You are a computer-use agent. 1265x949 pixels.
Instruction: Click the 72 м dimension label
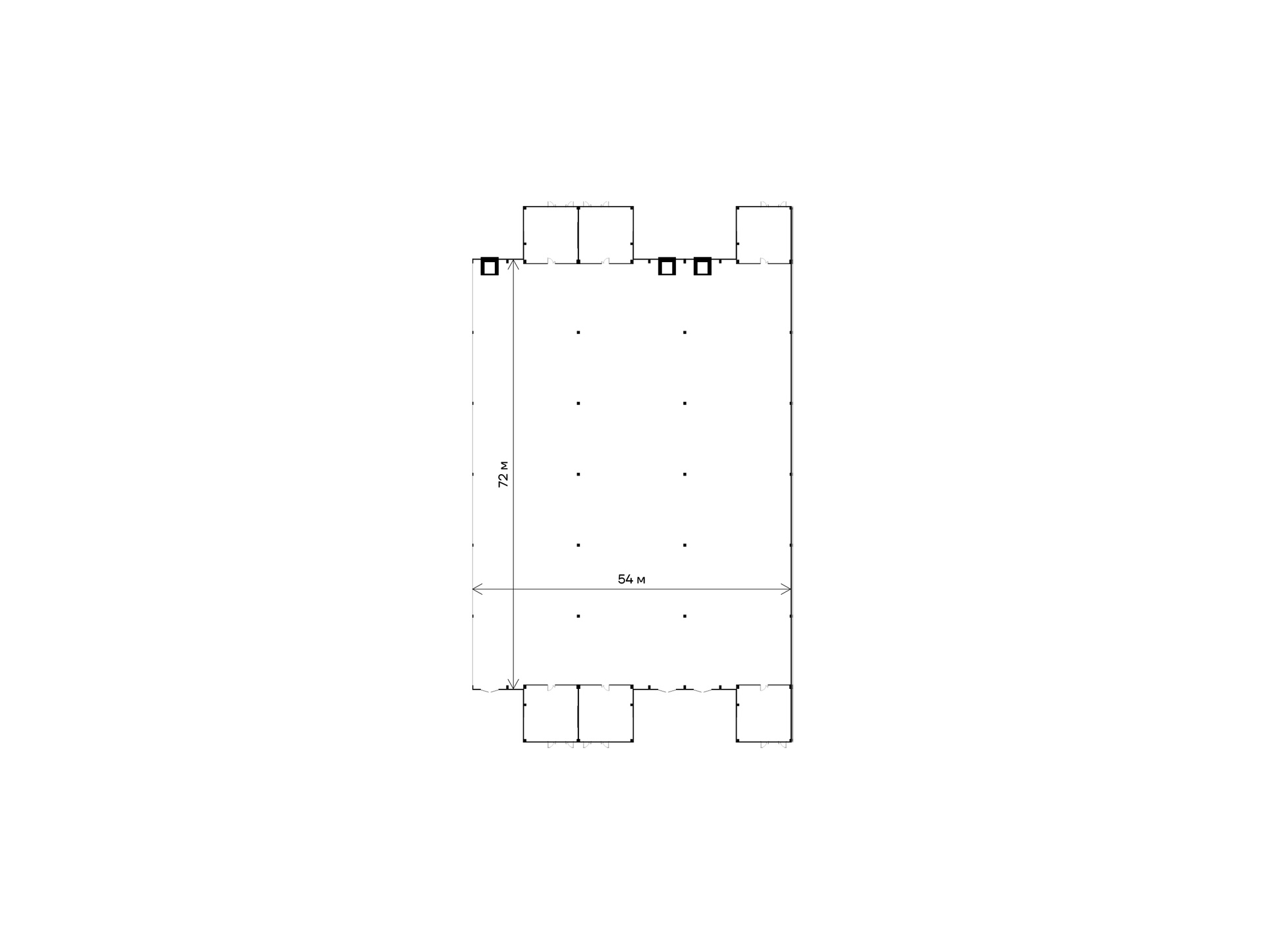tap(503, 474)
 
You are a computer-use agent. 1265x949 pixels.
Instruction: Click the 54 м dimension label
tap(631, 580)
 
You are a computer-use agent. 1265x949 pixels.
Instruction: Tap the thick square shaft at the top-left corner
tap(490, 267)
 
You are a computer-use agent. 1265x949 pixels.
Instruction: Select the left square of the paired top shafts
tap(667, 267)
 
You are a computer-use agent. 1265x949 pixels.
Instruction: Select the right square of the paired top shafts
tap(702, 267)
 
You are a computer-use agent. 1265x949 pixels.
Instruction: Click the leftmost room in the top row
tap(551, 234)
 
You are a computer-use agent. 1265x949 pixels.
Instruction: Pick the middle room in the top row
tap(605, 234)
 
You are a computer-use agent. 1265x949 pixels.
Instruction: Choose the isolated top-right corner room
tap(764, 234)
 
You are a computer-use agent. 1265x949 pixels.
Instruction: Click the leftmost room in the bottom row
tap(551, 714)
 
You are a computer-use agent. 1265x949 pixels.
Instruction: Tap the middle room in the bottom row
tap(605, 714)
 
